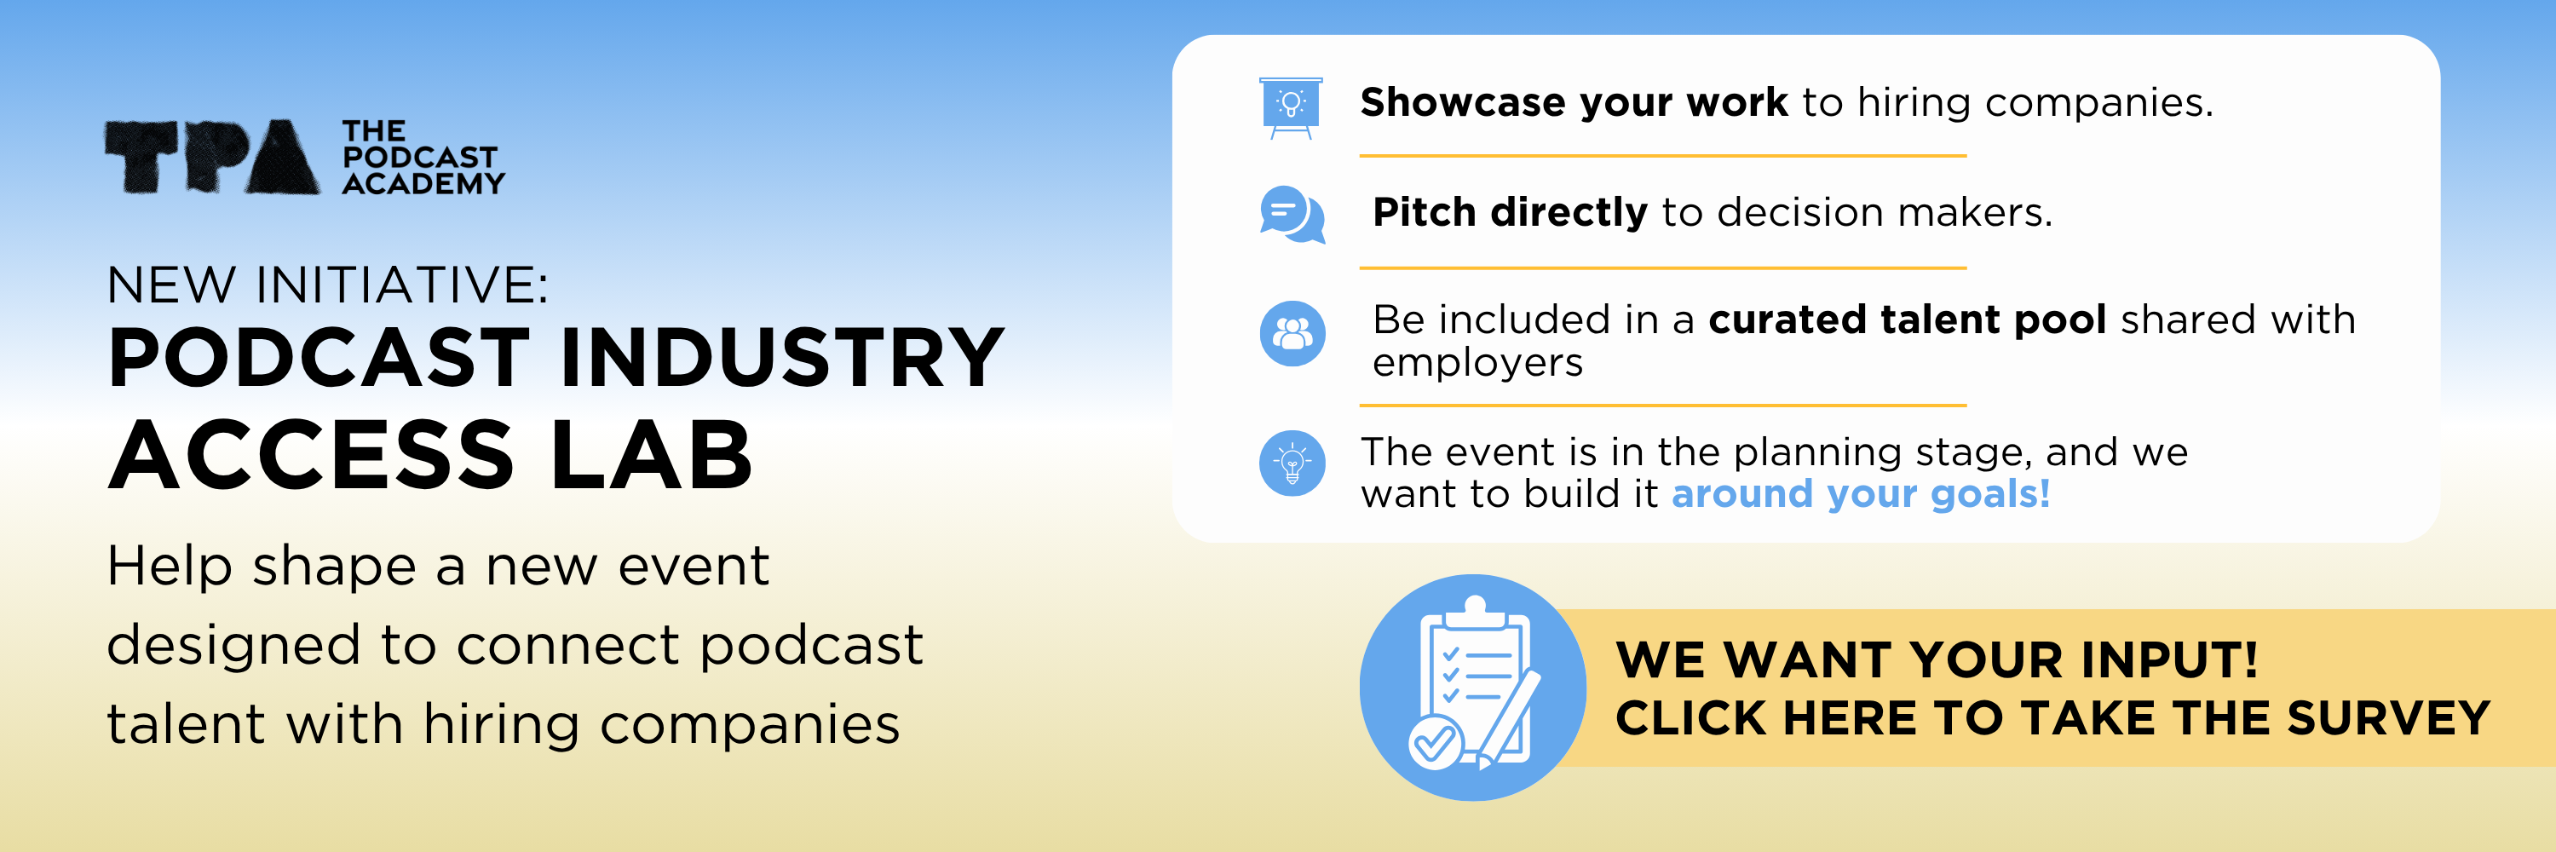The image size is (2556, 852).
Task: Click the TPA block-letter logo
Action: (x=212, y=157)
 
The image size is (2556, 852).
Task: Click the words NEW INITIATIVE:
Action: (x=327, y=285)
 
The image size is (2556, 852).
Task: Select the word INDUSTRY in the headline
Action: (x=782, y=358)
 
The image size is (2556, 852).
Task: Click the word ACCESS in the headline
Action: (x=312, y=457)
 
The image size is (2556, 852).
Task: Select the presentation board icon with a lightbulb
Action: (x=1290, y=107)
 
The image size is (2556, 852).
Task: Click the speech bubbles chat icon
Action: (x=1291, y=214)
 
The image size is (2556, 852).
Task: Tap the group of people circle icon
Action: (x=1292, y=333)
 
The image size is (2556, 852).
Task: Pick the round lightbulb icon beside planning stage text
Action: (x=1292, y=463)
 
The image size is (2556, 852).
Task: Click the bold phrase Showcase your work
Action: (x=1573, y=103)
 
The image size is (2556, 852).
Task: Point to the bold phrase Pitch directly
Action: (x=1508, y=213)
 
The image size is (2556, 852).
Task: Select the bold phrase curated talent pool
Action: (x=1906, y=320)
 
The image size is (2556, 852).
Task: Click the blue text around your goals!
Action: (x=1861, y=494)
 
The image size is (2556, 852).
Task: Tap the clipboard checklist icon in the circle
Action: (x=1472, y=688)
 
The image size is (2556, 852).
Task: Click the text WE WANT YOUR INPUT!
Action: (x=1936, y=659)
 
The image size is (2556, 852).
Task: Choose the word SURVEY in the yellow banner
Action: (x=2388, y=718)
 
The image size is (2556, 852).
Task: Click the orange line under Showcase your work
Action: (x=1662, y=156)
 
